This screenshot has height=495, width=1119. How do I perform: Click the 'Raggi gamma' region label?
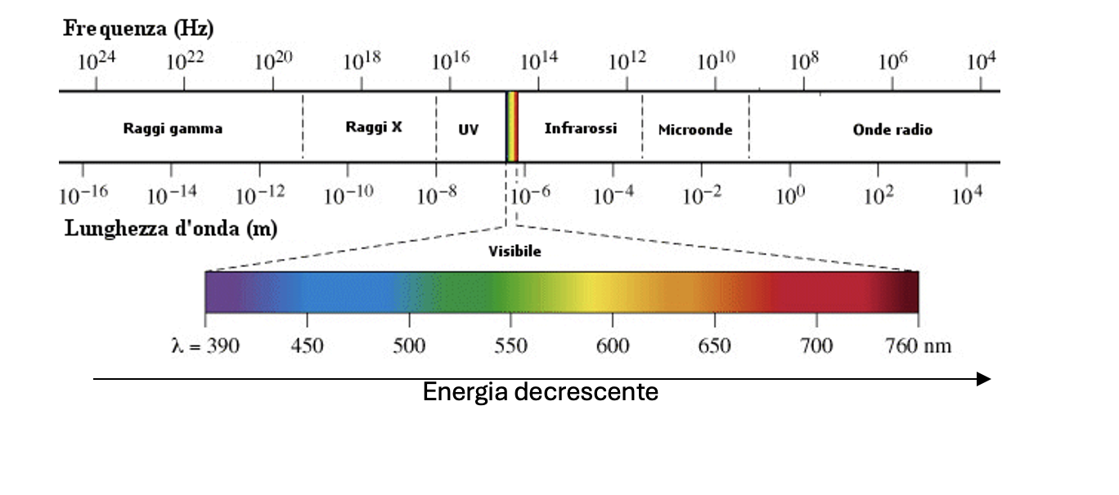point(173,129)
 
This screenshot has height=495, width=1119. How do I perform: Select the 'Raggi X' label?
point(374,127)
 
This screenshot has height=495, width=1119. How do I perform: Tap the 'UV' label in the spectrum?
point(469,130)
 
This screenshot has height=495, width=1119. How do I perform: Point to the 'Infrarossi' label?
point(581,128)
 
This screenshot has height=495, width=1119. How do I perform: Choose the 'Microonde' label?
point(695,130)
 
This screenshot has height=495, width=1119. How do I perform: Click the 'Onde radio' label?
point(892,130)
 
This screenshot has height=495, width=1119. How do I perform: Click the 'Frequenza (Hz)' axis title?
point(139,30)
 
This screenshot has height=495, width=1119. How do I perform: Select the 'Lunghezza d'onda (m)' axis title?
point(171,229)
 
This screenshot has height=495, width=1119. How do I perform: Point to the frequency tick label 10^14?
point(538,62)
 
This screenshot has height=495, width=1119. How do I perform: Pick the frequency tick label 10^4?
point(982,62)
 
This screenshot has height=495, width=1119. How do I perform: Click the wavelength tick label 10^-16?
point(83,196)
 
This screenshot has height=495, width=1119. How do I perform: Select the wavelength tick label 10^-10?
point(349,196)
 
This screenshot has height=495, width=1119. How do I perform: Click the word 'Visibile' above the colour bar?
point(515,252)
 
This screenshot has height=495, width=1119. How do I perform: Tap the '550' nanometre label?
point(510,346)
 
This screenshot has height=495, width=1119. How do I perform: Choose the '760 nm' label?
point(919,346)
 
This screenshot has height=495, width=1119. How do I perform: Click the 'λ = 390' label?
point(205,346)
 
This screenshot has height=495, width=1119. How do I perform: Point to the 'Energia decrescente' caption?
point(540,393)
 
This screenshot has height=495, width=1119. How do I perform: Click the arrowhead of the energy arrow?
point(984,379)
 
